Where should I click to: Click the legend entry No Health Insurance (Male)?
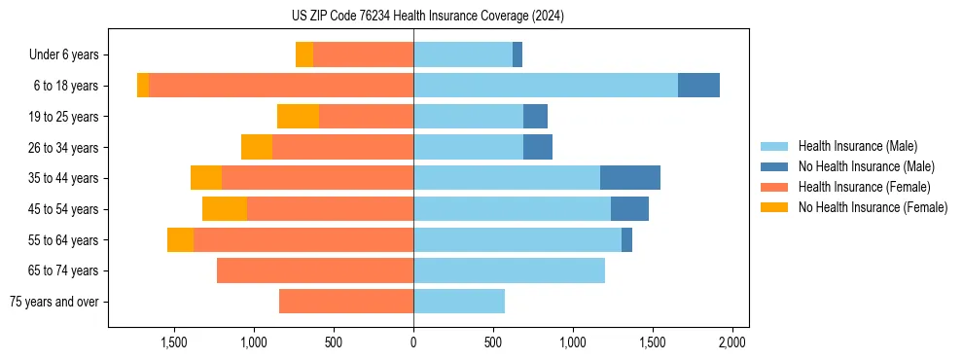(866, 166)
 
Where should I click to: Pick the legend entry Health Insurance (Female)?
(864, 187)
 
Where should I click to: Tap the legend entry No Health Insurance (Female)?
(873, 207)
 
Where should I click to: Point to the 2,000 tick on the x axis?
(731, 342)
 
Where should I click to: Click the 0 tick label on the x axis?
(413, 342)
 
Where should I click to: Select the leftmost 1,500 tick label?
(174, 342)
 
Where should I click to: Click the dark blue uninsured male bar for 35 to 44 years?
(630, 178)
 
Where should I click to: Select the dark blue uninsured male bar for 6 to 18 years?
(698, 86)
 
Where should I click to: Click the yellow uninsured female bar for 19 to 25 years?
(298, 117)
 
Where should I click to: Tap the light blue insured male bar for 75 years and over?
(459, 302)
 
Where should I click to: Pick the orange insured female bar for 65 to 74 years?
(315, 270)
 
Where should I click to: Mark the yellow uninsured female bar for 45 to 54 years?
(225, 209)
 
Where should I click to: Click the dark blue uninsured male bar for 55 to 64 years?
(626, 239)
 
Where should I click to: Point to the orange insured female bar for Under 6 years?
(363, 54)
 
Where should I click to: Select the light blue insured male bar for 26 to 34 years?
(468, 147)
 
